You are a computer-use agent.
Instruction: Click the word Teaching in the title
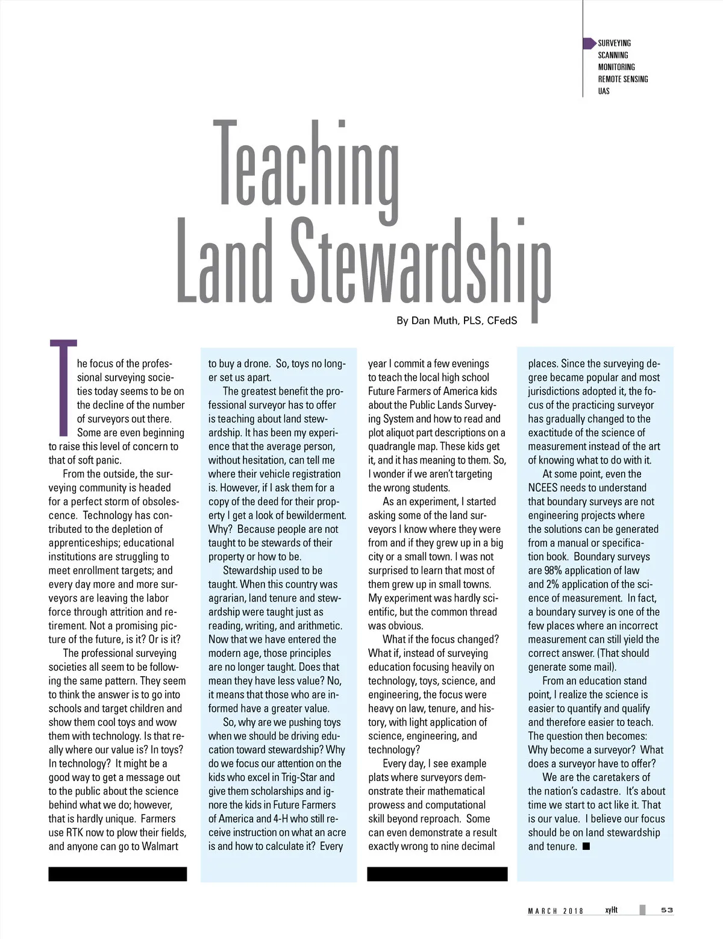click(307, 166)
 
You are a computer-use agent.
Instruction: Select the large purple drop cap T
click(63, 386)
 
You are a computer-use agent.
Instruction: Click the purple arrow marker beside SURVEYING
click(589, 43)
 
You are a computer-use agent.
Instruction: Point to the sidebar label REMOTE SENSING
click(623, 79)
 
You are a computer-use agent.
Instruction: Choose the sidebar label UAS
click(604, 91)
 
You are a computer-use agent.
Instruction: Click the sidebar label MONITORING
click(616, 67)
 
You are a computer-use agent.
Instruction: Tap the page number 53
click(667, 910)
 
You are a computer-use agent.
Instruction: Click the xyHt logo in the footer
click(612, 909)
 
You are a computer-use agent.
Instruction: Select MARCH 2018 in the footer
click(556, 911)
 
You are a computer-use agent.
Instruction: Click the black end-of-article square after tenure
click(586, 846)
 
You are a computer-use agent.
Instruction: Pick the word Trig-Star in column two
click(300, 777)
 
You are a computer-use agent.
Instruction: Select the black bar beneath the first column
click(117, 874)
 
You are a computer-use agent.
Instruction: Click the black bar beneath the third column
click(437, 874)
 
